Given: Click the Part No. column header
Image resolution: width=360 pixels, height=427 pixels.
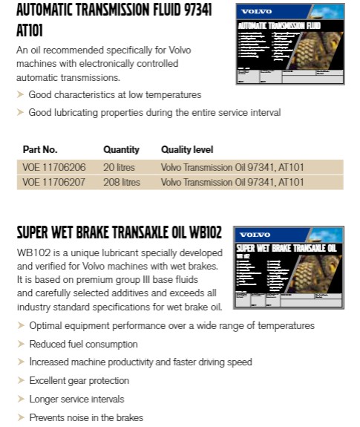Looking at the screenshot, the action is click(x=39, y=150).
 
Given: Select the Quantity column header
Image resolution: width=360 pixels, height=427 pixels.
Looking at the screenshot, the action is click(x=121, y=150).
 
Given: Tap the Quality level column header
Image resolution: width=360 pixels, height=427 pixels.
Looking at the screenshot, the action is click(x=186, y=150).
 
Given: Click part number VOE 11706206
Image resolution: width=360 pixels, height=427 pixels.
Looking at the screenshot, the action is click(x=53, y=167).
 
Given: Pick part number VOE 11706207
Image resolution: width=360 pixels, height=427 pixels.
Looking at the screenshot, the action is click(x=53, y=182).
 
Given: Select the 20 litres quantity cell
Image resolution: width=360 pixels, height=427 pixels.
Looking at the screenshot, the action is click(x=119, y=167).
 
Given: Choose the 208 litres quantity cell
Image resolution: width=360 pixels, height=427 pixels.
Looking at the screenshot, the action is click(x=121, y=182).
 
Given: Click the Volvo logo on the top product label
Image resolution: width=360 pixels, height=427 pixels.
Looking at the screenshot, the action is click(x=257, y=12).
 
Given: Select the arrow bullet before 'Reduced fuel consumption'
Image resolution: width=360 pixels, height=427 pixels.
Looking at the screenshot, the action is click(x=20, y=345).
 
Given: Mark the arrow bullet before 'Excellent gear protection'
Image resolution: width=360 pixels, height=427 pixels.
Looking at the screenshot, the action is click(x=20, y=381).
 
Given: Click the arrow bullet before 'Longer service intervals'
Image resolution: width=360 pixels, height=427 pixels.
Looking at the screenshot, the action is click(x=20, y=400).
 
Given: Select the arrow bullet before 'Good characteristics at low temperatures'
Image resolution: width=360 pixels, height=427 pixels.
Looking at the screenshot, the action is click(x=20, y=95).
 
